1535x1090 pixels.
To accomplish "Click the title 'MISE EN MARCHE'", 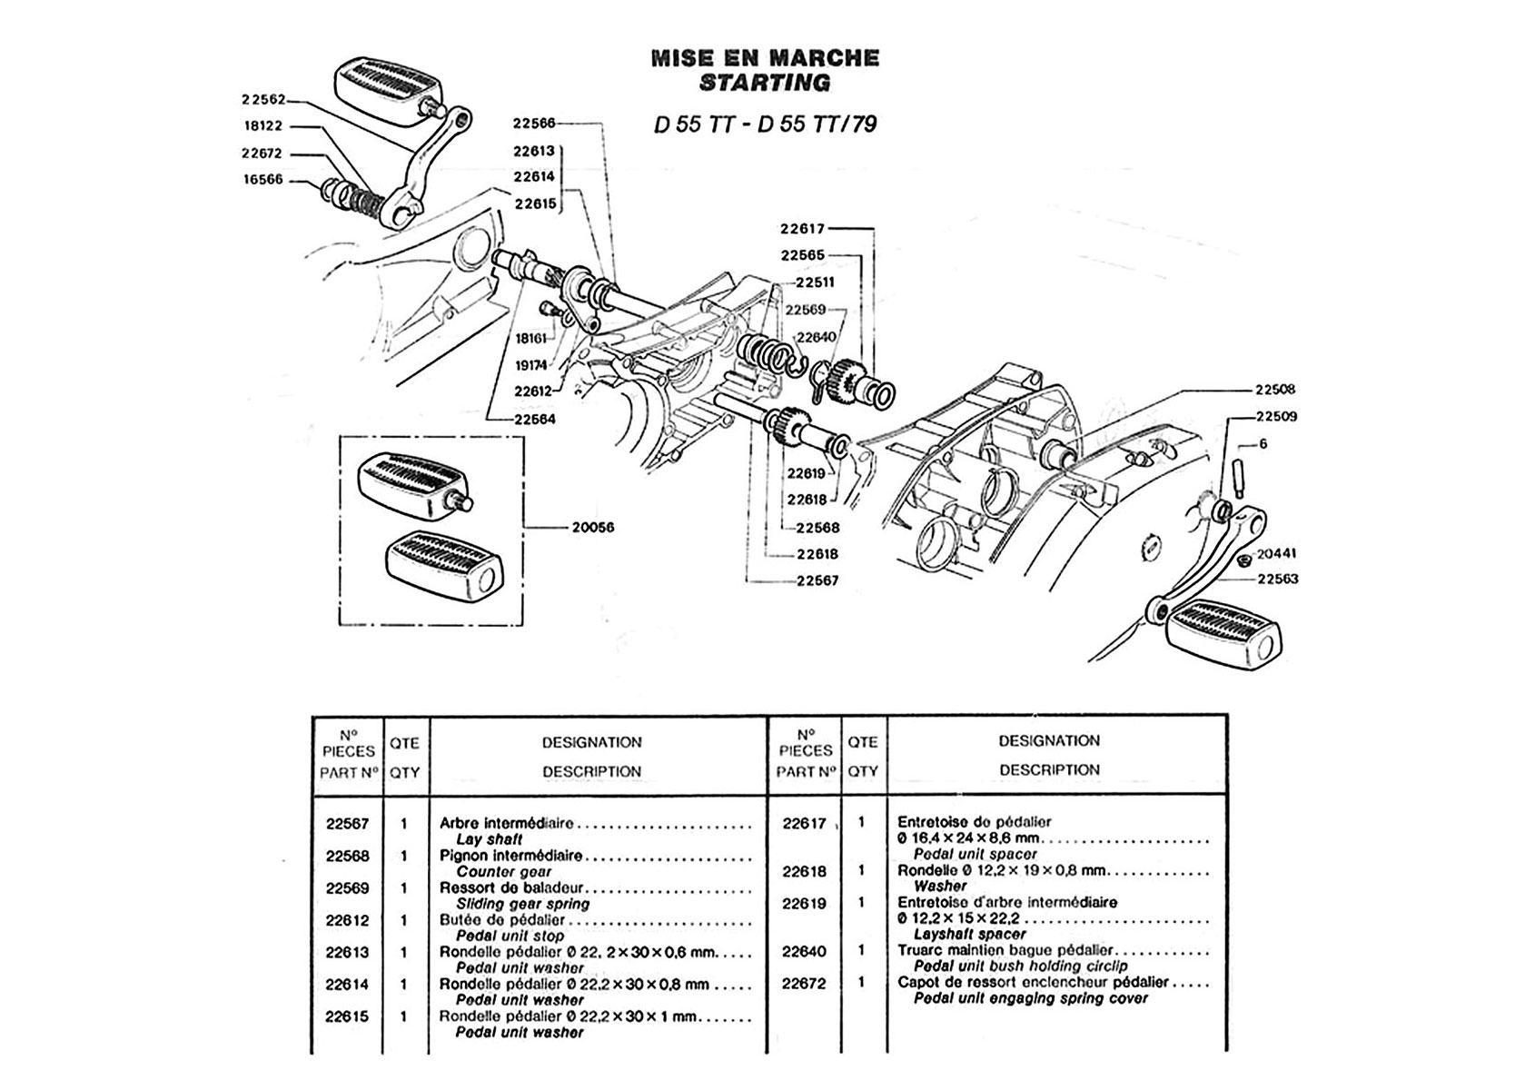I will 765,58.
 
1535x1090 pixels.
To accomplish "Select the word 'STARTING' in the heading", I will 765,83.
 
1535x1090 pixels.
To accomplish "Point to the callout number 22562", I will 263,100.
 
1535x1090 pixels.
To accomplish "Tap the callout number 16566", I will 263,180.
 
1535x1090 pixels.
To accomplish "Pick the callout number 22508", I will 1275,390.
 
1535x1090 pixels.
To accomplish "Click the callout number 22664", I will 534,420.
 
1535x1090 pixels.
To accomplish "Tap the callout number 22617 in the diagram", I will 803,229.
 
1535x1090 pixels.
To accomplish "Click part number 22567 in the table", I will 347,824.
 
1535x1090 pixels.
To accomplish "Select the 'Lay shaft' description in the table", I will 489,840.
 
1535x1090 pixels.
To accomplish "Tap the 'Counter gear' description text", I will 503,872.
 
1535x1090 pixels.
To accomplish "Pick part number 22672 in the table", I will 804,983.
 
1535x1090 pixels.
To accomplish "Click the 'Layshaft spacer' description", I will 969,934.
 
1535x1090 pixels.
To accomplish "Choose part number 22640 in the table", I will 804,951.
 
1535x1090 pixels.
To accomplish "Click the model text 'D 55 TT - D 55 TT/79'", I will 765,124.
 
